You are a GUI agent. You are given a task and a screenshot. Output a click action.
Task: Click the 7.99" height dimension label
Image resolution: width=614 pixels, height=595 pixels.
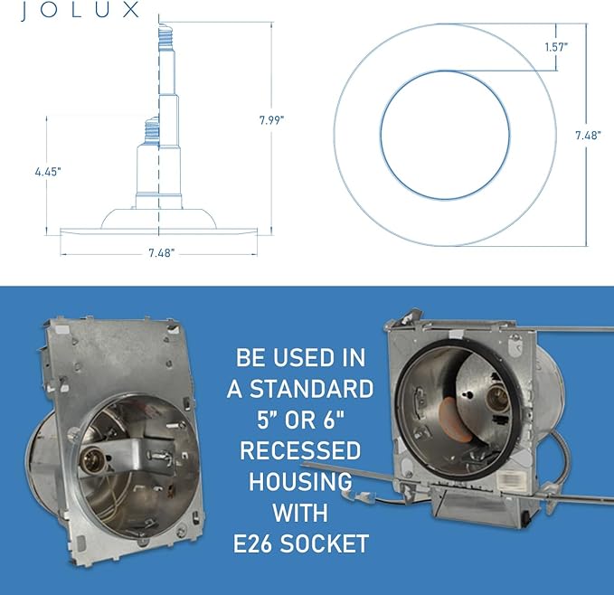pos(271,119)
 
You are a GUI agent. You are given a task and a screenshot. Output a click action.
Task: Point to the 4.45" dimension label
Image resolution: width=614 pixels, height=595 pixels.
pos(48,170)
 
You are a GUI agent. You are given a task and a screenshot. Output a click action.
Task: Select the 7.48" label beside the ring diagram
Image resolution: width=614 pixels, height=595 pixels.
pos(588,135)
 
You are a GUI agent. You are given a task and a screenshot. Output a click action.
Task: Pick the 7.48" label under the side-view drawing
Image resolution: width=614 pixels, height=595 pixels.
pos(160,254)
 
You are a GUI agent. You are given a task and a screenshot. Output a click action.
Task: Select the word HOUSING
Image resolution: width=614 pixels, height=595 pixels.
pos(299,480)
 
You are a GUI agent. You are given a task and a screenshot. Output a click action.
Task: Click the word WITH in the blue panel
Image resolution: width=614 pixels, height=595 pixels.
pos(299,512)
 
